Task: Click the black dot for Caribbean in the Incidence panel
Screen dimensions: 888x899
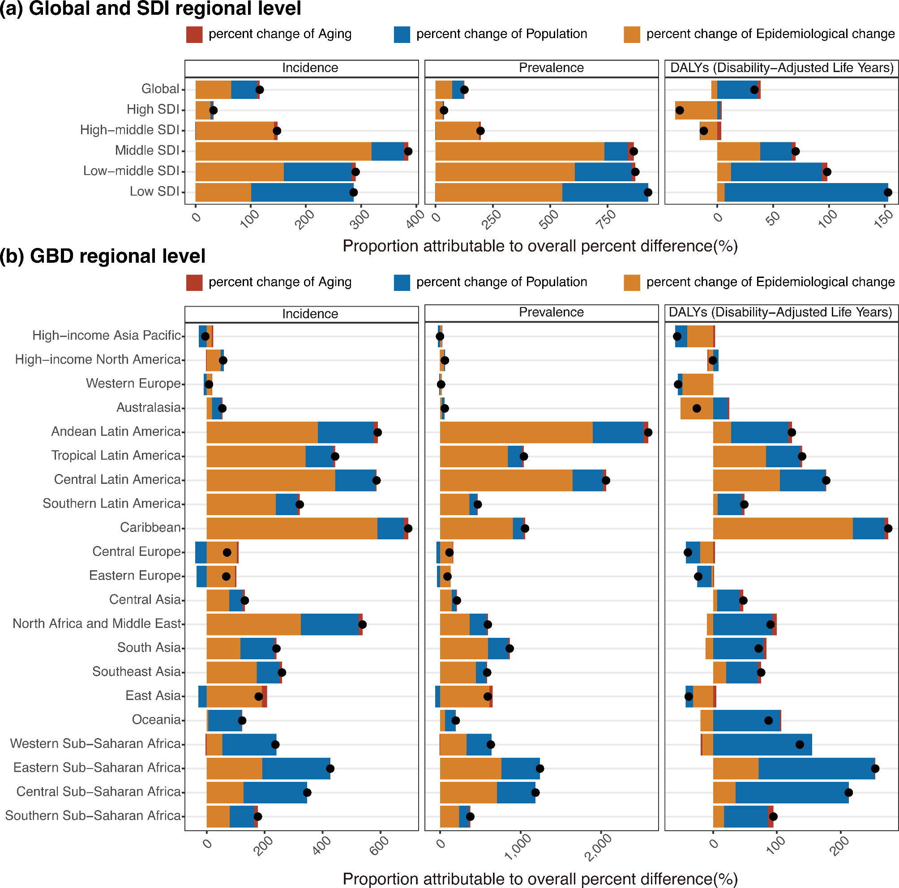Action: point(408,529)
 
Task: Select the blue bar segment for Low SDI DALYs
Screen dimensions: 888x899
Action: point(805,192)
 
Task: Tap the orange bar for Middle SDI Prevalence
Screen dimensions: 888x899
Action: point(519,151)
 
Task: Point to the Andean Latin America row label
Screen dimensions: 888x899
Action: point(116,431)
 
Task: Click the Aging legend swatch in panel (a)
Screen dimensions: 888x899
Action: point(194,34)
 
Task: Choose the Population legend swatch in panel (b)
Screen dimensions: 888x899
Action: point(402,282)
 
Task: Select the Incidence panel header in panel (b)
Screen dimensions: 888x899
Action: point(310,314)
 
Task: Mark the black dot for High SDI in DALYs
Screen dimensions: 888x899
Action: point(680,110)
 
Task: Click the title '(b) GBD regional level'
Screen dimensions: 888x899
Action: point(103,256)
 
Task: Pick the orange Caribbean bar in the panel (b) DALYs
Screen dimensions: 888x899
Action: point(783,529)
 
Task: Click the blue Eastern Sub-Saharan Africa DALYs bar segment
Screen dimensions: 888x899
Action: point(817,768)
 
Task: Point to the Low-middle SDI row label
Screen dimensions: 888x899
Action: point(131,171)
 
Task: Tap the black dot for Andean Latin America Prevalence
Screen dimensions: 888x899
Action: point(648,433)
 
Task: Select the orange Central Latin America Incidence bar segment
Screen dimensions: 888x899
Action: point(270,481)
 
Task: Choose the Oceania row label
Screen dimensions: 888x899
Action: point(156,720)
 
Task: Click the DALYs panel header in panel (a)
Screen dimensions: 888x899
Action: point(782,68)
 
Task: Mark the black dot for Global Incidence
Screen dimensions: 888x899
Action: point(260,90)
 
